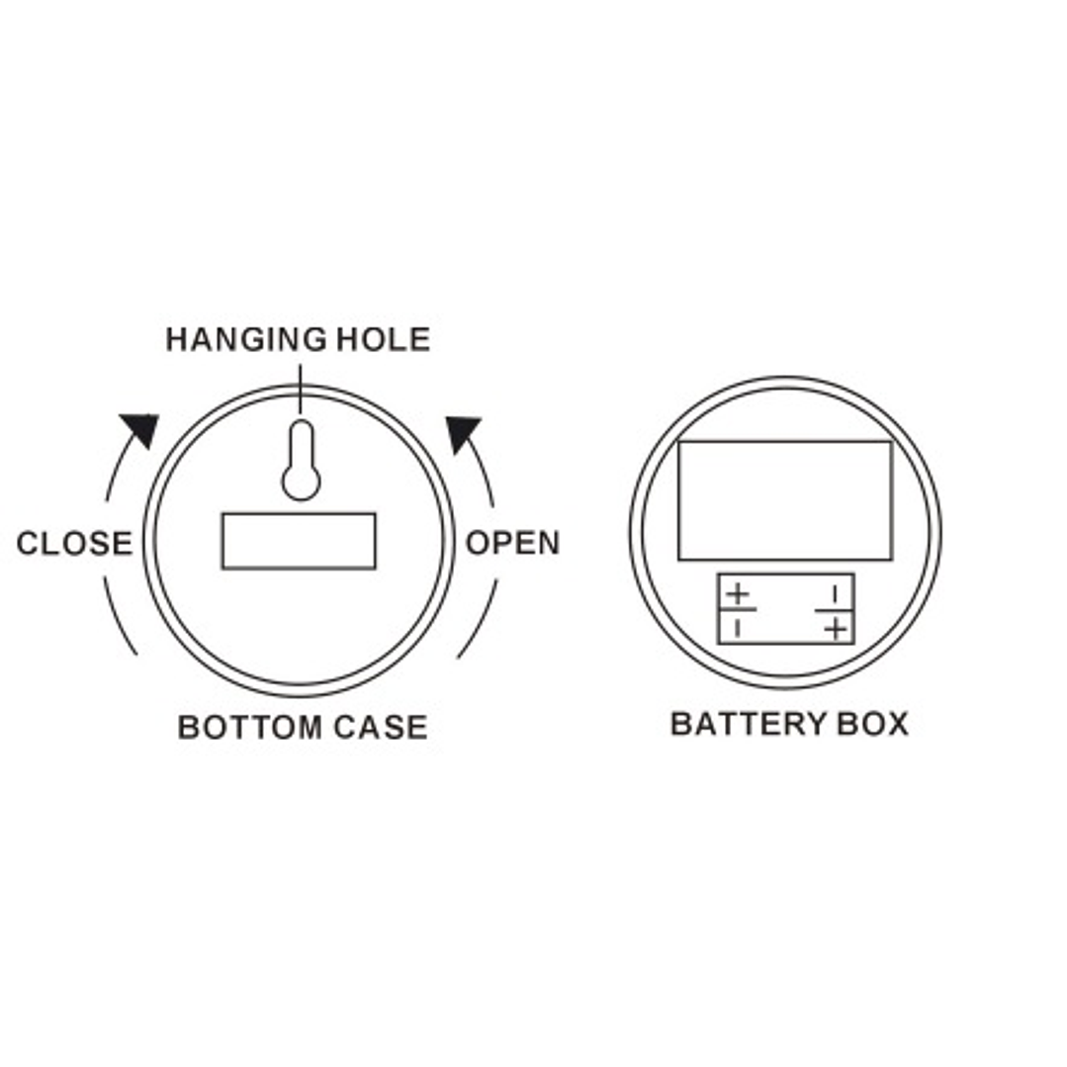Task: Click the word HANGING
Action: click(246, 339)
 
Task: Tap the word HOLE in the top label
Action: click(384, 339)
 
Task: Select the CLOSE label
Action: click(74, 543)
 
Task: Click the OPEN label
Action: click(512, 542)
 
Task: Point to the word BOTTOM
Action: click(249, 727)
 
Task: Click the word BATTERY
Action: click(748, 723)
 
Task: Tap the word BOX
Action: click(873, 723)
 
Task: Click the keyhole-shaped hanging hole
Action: click(301, 461)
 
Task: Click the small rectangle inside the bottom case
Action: click(299, 541)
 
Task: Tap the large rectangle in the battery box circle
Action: click(785, 500)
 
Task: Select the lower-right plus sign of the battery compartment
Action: click(837, 628)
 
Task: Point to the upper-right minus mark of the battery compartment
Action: click(835, 595)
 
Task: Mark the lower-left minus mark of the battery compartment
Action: click(738, 628)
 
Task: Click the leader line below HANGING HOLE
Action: click(300, 389)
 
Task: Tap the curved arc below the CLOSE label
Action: click(119, 617)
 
